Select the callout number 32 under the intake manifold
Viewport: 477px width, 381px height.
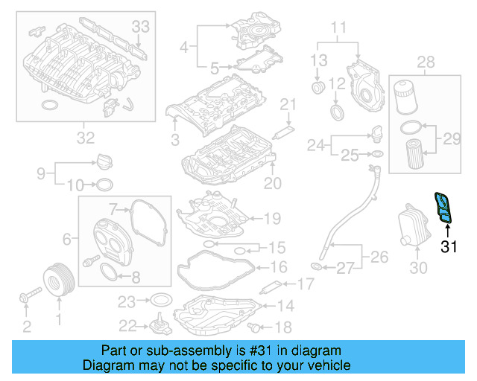pyautogui.click(x=85, y=137)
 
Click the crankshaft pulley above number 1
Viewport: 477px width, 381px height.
pyautogui.click(x=57, y=280)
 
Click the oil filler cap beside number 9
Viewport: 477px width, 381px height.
pyautogui.click(x=104, y=160)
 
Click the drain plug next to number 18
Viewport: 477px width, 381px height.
pyautogui.click(x=257, y=327)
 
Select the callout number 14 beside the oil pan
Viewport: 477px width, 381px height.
pyautogui.click(x=285, y=305)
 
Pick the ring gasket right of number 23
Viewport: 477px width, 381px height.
pyautogui.click(x=159, y=301)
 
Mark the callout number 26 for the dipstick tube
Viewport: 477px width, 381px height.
pyautogui.click(x=380, y=258)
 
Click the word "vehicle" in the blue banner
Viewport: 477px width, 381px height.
pyautogui.click(x=326, y=365)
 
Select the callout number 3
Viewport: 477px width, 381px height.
pyautogui.click(x=175, y=139)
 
